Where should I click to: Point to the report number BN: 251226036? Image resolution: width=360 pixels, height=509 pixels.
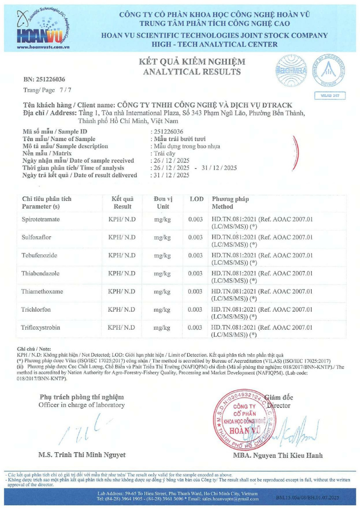pos(44,79)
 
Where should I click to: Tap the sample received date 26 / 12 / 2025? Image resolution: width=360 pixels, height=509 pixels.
pos(171,161)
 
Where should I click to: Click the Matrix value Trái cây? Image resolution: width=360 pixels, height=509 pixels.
pos(165,153)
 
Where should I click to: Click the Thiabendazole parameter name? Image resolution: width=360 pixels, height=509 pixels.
pos(42,274)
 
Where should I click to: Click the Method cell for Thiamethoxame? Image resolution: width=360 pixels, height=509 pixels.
pos(262,296)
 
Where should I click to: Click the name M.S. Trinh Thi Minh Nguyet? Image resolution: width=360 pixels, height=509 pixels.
pos(82,454)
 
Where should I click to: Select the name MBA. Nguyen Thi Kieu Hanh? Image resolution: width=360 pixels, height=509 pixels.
pos(277,455)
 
